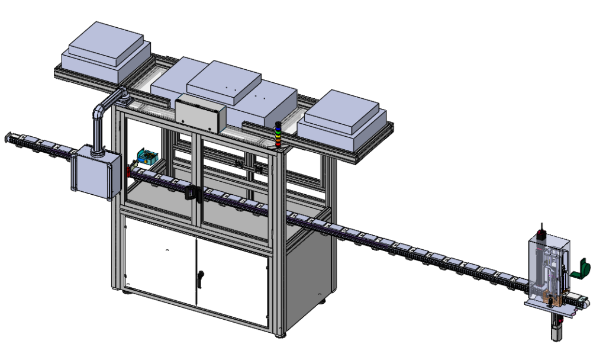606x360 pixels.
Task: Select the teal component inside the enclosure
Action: [146, 157]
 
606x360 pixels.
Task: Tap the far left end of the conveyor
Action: [7, 137]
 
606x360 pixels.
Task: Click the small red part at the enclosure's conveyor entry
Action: [127, 172]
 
